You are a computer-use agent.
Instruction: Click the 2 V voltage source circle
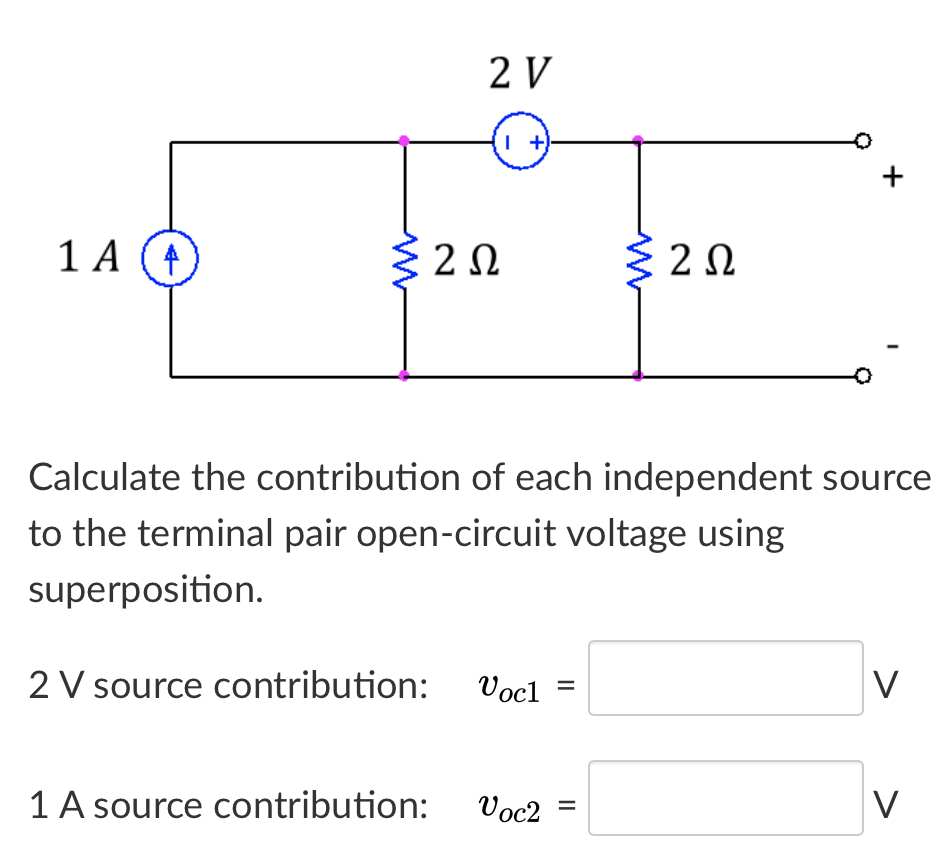pos(520,143)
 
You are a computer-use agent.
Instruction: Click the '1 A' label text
pos(87,258)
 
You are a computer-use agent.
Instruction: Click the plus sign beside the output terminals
pos(893,179)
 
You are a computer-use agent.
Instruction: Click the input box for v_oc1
pos(725,679)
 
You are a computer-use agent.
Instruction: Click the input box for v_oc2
pos(725,798)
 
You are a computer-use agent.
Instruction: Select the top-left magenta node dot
pos(404,141)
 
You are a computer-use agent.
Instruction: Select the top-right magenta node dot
pos(638,141)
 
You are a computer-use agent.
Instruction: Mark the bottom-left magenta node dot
pos(404,376)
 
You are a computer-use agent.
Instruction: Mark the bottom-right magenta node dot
pos(638,376)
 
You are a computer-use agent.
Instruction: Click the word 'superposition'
pos(145,590)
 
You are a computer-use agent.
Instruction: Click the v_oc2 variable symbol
pos(510,806)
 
